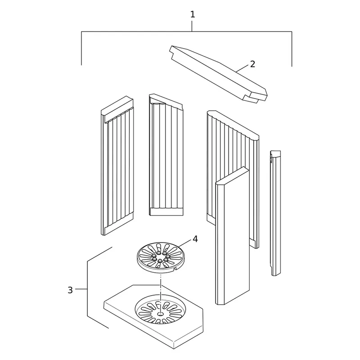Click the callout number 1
click(193, 14)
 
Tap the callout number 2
click(252, 64)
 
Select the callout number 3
click(70, 290)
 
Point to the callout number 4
click(195, 239)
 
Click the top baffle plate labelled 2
click(218, 73)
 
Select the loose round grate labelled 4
click(161, 257)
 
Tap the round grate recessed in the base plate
click(160, 309)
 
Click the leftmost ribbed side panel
click(117, 165)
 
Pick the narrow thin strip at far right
click(275, 213)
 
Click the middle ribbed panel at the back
click(166, 155)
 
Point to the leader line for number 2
click(242, 68)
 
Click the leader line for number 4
click(184, 243)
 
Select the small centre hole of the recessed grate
click(160, 313)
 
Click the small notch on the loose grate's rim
click(175, 268)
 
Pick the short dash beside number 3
click(81, 289)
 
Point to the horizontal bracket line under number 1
click(187, 31)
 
